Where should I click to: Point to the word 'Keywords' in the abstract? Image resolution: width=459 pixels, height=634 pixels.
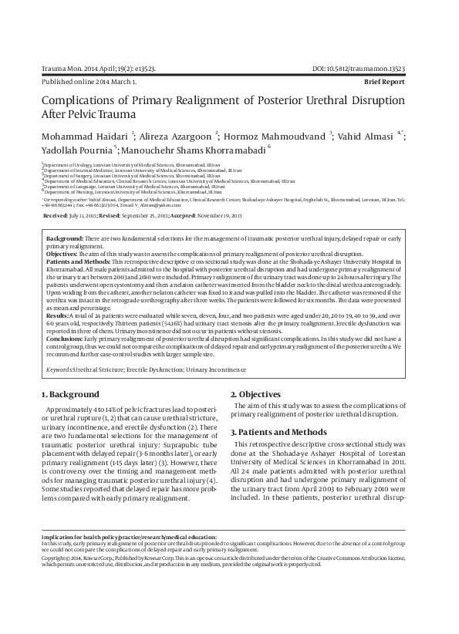[60, 370]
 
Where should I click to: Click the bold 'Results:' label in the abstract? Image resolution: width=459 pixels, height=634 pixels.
[57, 316]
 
